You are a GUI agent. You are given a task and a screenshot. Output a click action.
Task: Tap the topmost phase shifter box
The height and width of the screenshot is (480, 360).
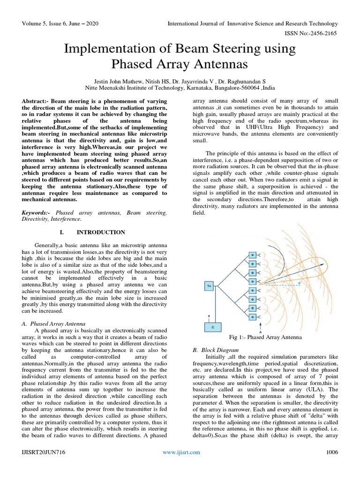[x=253, y=255]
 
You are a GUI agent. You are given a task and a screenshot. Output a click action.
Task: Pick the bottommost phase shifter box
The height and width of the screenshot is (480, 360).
[x=253, y=317]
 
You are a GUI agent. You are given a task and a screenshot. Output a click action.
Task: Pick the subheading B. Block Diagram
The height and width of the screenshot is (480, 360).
[x=216, y=350]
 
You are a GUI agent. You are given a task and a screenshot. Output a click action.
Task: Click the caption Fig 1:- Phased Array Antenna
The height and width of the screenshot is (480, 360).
[x=265, y=337]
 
